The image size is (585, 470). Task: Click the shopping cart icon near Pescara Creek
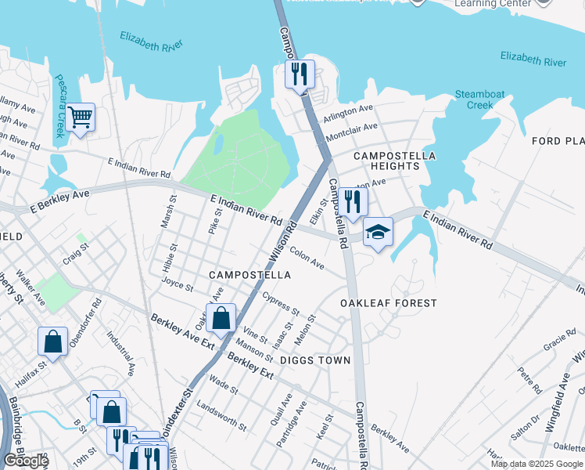80,118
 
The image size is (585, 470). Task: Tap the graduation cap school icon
378,233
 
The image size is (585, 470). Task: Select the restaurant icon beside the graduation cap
354,203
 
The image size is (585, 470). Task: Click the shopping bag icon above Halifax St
52,342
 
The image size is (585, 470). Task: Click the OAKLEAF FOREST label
388,302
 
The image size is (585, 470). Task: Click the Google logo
26,461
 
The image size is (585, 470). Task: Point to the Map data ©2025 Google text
536,464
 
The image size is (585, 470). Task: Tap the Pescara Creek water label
59,106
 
